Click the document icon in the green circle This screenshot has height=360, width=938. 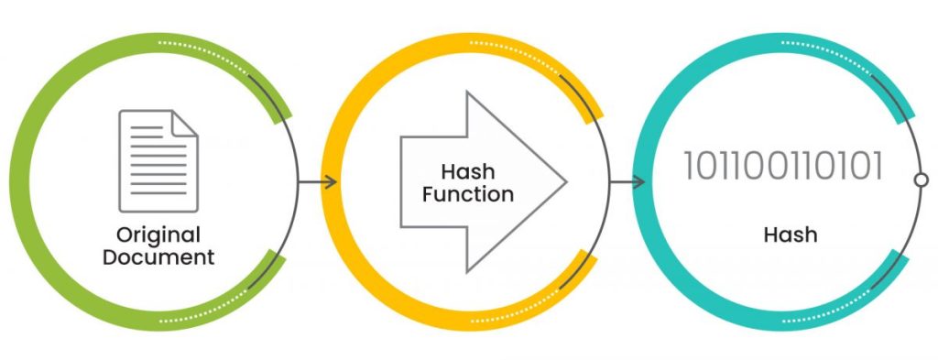point(158,161)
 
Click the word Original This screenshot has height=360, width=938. point(158,235)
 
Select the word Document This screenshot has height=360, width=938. point(158,257)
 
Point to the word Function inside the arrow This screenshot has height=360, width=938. point(468,194)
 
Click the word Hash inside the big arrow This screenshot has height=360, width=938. point(468,172)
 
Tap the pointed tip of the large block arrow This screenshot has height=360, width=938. point(565,181)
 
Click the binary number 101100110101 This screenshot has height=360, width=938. point(783,166)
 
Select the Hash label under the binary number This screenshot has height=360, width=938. point(791,235)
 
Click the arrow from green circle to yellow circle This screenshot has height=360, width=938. point(317,181)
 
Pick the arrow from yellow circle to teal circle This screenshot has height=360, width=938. point(627,181)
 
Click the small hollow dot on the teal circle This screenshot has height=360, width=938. point(922,180)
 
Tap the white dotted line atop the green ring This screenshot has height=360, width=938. point(203,52)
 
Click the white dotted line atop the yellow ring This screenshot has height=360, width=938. point(515,52)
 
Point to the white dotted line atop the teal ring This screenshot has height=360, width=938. point(826,52)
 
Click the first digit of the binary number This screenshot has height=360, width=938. point(689,166)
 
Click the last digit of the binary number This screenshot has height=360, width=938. point(878,166)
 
